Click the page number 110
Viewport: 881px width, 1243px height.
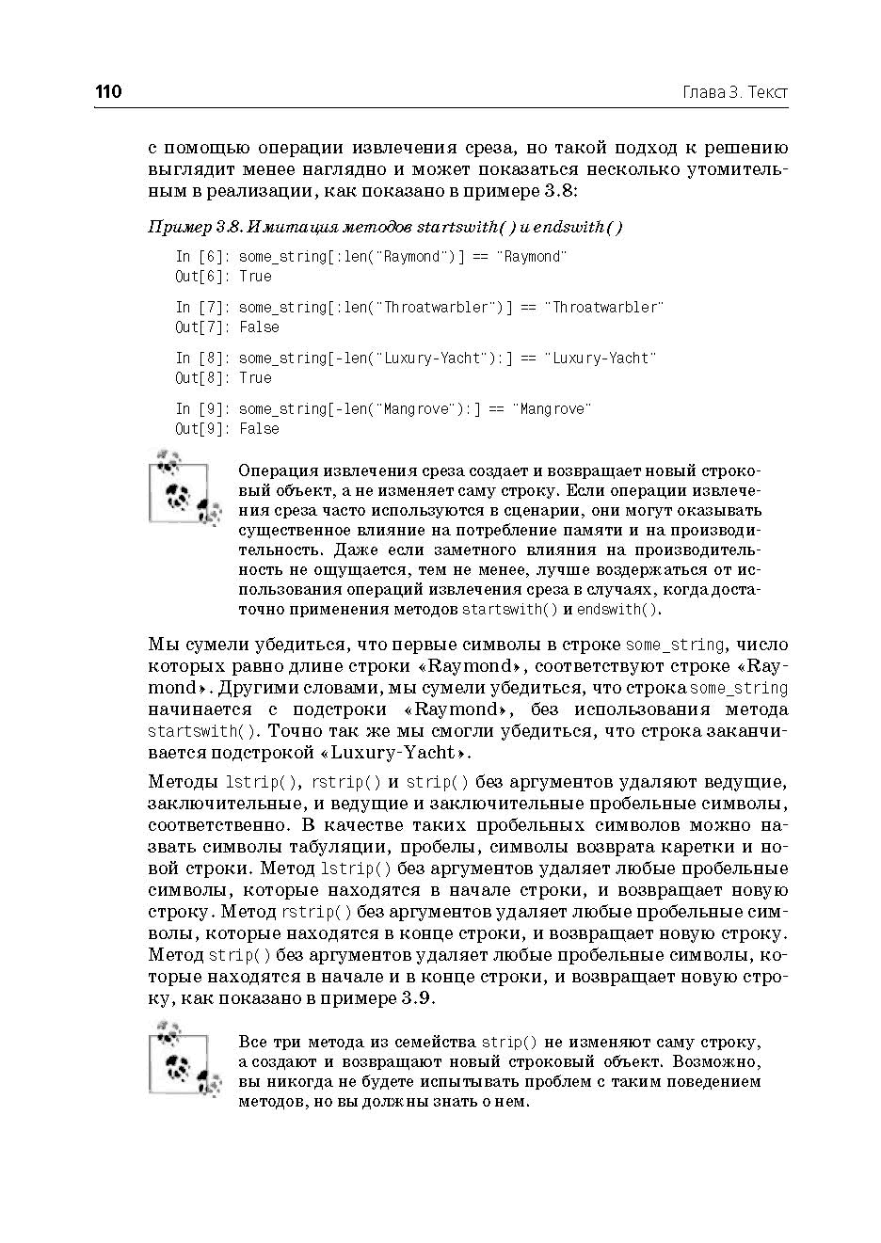click(x=108, y=92)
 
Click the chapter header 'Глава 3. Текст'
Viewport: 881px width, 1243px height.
click(x=734, y=92)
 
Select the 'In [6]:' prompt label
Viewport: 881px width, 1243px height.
click(x=202, y=257)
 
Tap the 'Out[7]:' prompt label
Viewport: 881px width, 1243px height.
click(x=201, y=327)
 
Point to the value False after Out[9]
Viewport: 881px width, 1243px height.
click(x=259, y=429)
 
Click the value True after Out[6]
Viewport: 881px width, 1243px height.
click(x=255, y=277)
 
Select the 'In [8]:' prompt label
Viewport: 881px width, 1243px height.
click(x=202, y=359)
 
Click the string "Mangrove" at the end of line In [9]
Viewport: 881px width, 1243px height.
click(x=552, y=409)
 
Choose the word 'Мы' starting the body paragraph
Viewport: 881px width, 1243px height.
click(x=162, y=645)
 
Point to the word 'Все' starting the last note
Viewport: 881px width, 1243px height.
click(x=253, y=1043)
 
